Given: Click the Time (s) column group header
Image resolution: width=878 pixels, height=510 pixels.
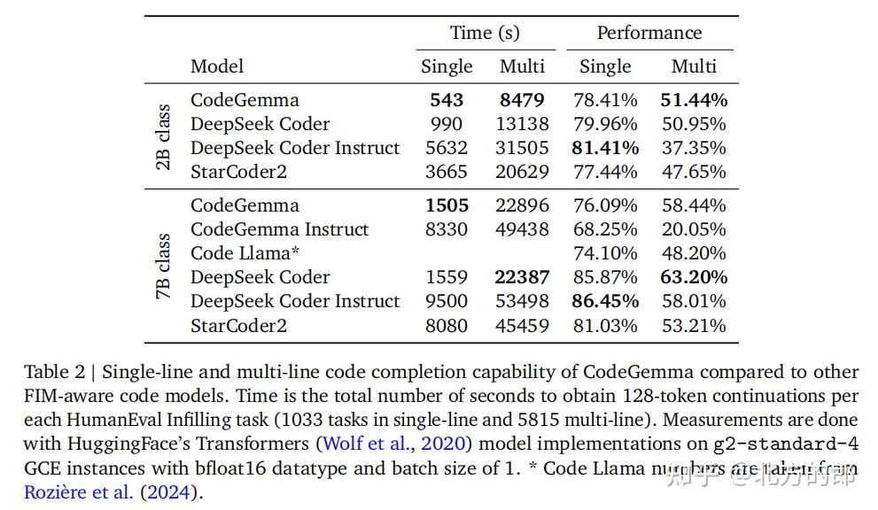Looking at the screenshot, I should pos(485,34).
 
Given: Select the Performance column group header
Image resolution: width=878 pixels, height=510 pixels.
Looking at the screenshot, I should pos(649,34).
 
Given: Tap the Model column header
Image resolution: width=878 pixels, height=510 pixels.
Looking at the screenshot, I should pos(217,66).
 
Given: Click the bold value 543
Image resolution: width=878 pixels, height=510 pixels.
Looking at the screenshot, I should pos(447,100).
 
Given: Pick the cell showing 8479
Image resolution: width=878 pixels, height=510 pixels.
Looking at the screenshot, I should pos(522,100).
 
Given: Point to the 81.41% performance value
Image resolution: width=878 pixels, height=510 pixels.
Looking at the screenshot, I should pos(605,148).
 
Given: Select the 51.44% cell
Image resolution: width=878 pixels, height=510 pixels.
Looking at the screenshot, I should pos(694,100).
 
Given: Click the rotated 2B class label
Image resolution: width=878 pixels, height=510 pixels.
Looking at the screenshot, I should pos(163,136).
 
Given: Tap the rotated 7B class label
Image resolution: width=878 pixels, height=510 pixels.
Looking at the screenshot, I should pos(163,266).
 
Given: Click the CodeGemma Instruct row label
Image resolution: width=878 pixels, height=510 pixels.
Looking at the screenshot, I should pos(280,229).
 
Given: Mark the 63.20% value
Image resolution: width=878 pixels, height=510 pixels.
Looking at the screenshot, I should pos(694,277).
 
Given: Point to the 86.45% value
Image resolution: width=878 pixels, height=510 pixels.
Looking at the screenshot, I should pos(605,301).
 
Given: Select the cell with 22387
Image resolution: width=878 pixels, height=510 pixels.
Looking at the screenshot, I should pos(522,277).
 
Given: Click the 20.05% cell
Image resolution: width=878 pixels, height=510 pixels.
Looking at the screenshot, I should pos(694,229).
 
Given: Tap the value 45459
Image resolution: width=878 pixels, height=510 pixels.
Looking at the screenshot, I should pos(522,325).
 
